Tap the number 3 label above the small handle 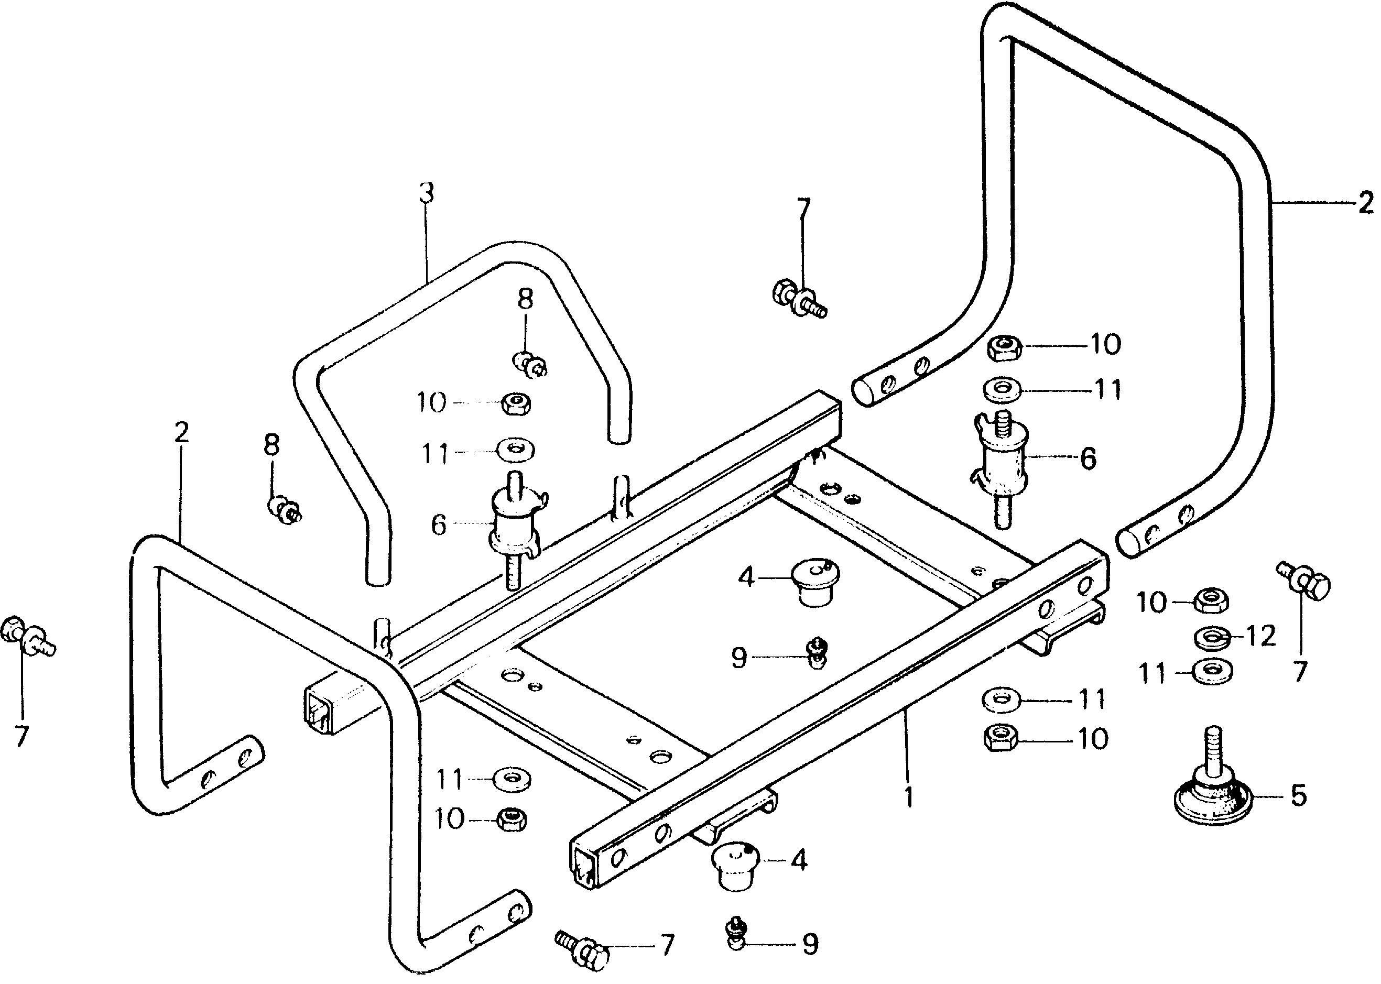pyautogui.click(x=427, y=193)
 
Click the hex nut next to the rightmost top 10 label pyautogui.click(x=1005, y=348)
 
